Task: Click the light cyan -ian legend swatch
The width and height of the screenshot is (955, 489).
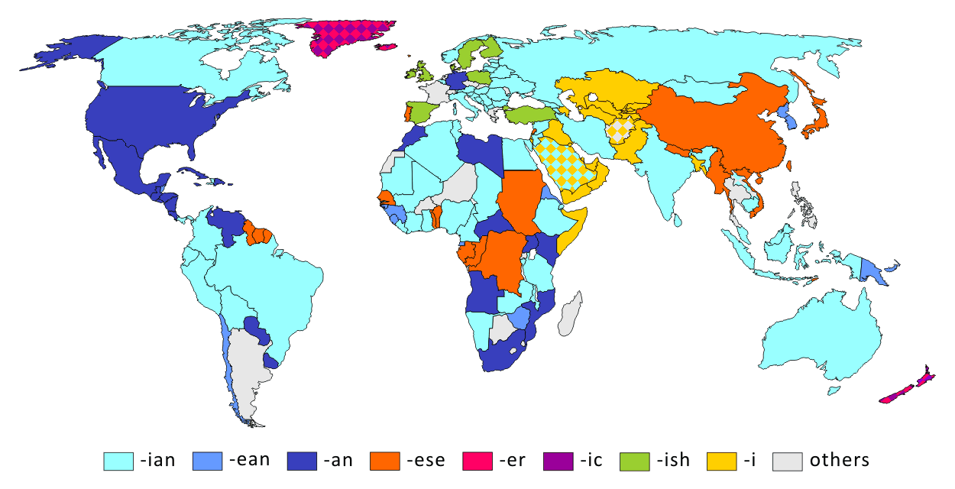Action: (x=118, y=461)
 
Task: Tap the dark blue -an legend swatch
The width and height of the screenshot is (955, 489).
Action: (x=302, y=461)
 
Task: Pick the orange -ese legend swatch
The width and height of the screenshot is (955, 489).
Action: (x=385, y=461)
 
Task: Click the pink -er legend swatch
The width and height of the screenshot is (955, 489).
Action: (x=478, y=461)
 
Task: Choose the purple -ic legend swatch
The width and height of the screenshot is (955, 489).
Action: (x=557, y=461)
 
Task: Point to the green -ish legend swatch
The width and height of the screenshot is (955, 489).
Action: (x=636, y=461)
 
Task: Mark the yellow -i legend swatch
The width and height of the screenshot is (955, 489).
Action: (x=724, y=461)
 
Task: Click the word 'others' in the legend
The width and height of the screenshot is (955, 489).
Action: (x=839, y=460)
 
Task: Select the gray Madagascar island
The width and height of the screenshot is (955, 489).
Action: (x=569, y=313)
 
